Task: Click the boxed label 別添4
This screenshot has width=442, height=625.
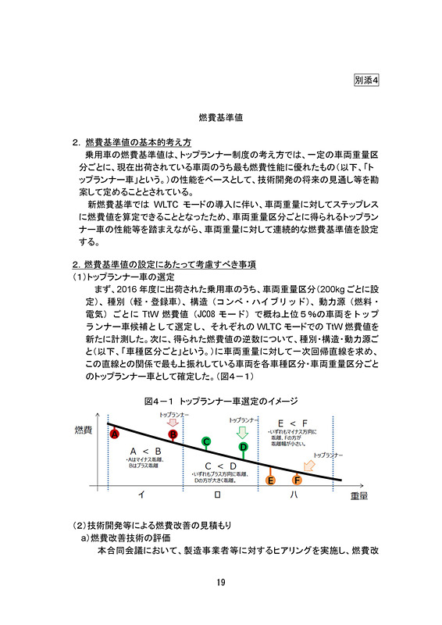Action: (x=365, y=80)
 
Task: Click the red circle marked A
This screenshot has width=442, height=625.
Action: (x=114, y=434)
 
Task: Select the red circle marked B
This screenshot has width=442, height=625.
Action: (x=173, y=434)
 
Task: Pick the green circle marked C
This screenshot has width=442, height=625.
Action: (x=206, y=442)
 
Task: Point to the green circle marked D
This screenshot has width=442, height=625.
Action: (x=243, y=447)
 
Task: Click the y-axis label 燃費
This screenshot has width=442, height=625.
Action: (x=83, y=430)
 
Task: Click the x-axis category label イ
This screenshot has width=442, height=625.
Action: (x=141, y=495)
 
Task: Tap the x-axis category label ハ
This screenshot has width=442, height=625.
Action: (x=293, y=495)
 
